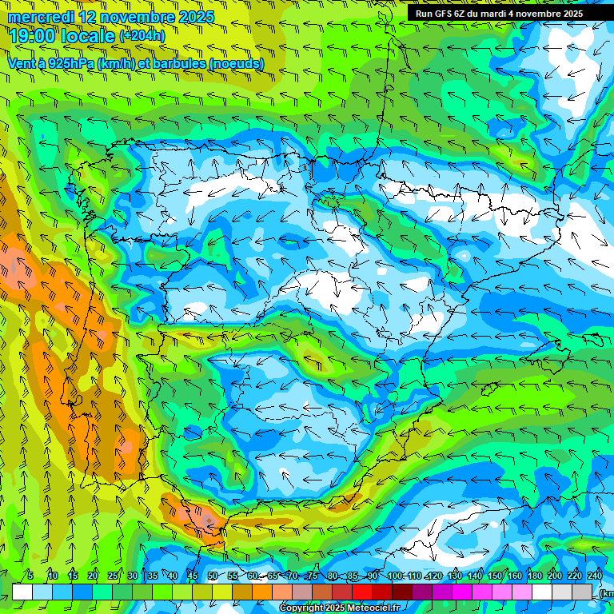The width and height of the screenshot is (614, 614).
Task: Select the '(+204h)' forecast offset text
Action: (x=142, y=35)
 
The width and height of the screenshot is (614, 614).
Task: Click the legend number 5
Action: (x=30, y=576)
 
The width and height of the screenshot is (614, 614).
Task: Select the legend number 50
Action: (x=213, y=576)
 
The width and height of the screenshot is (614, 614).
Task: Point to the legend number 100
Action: (x=394, y=576)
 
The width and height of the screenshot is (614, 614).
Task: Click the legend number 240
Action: (x=595, y=576)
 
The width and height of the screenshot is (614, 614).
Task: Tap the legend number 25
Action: (x=113, y=576)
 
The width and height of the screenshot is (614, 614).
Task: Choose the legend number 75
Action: (x=313, y=576)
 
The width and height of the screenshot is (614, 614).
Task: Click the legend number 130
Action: (x=455, y=576)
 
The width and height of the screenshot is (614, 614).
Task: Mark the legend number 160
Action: (x=515, y=576)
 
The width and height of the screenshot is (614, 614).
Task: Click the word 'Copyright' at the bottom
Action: (x=301, y=608)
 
